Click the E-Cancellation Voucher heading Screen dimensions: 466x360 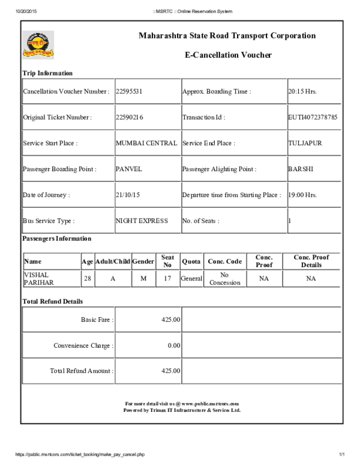coord(228,55)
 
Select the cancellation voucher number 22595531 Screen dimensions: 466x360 coord(128,92)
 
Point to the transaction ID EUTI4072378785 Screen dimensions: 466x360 coord(313,118)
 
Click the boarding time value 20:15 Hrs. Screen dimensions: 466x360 coord(302,92)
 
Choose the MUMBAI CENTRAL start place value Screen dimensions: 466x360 coord(146,144)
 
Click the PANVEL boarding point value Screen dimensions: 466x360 coord(129,169)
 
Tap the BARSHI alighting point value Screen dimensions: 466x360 coord(301,169)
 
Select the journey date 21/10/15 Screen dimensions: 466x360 coord(128,195)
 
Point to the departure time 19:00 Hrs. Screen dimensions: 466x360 coord(302,195)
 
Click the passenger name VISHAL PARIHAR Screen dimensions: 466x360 coord(38,279)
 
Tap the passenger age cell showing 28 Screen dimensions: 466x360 coord(88,279)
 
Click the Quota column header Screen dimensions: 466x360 coord(191,262)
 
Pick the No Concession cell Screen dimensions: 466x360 coord(225,279)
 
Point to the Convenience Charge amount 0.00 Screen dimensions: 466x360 coord(174,345)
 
